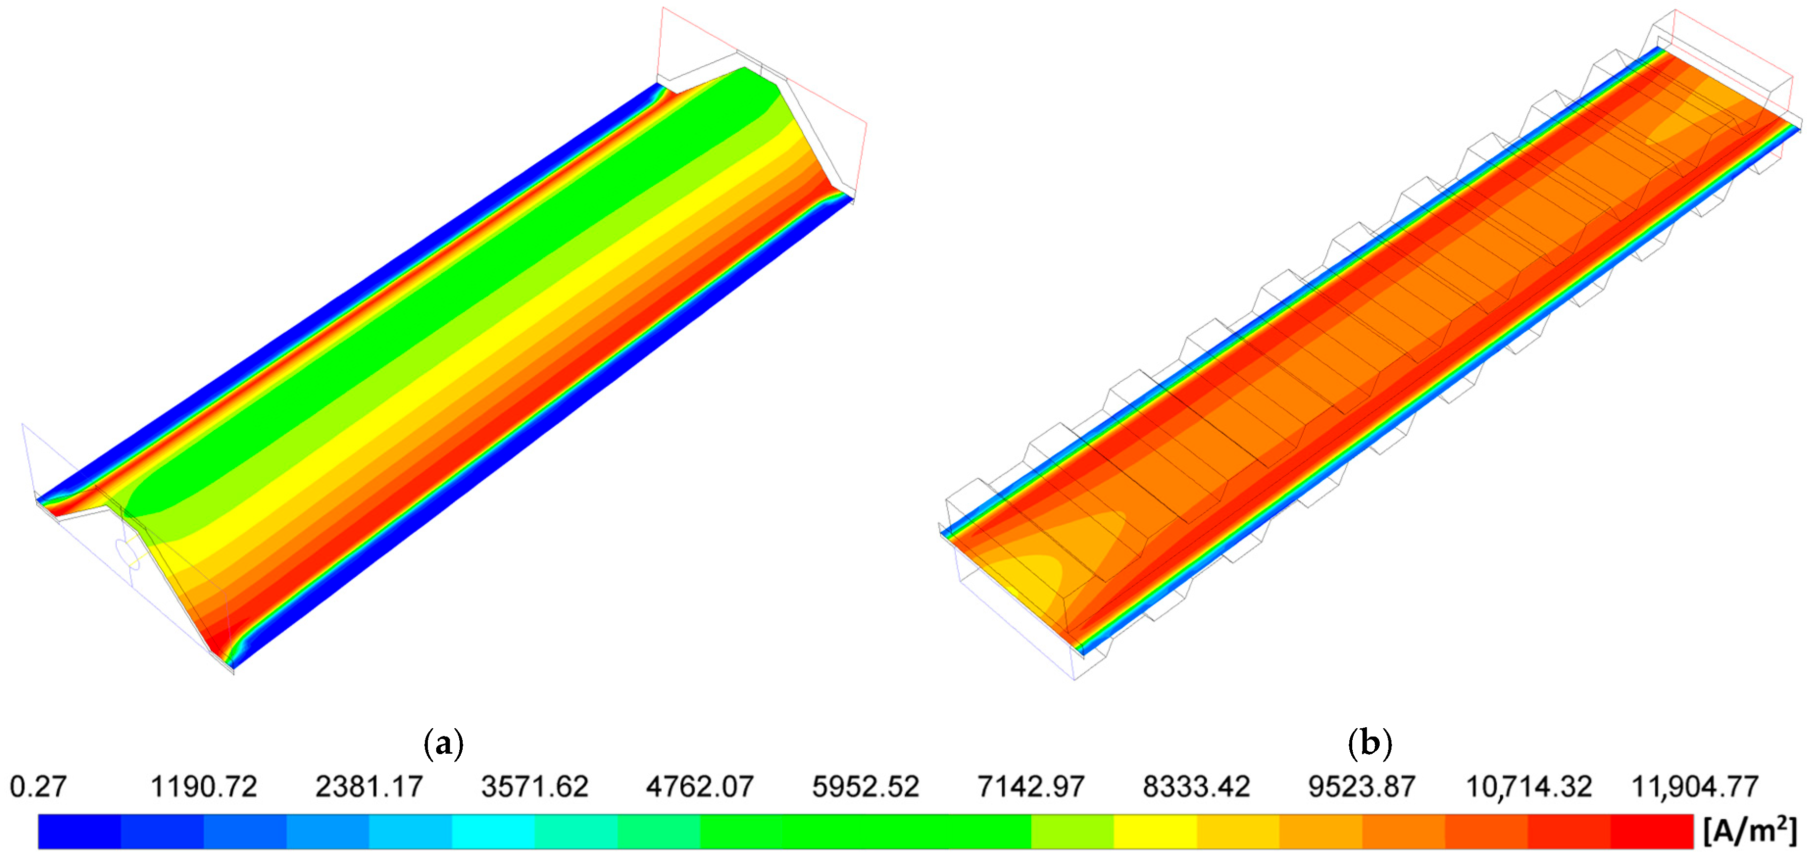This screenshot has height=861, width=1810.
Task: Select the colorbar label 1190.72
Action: coord(204,786)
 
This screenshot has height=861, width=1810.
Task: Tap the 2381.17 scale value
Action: coord(369,786)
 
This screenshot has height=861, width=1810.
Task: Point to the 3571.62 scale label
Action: coord(535,786)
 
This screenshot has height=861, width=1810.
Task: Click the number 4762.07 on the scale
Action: coord(700,786)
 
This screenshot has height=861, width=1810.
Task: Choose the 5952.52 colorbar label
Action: coord(866,786)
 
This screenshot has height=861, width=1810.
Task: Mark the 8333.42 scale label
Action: coord(1196,786)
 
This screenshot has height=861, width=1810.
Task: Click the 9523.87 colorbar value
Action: coord(1362,786)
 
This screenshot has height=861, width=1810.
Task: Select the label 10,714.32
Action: coord(1528,787)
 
